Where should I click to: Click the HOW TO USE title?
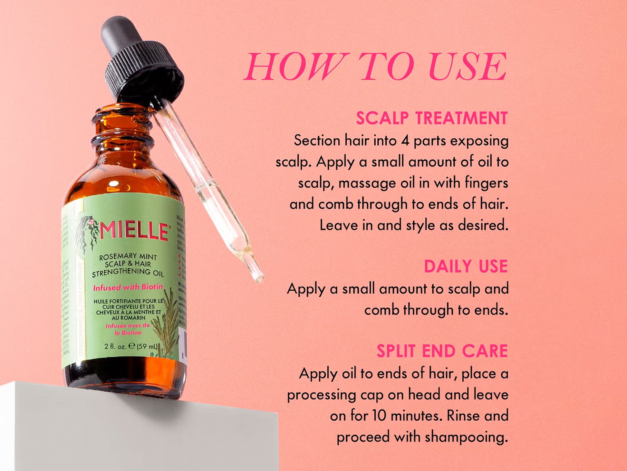(375, 67)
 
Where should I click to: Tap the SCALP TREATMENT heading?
(432, 118)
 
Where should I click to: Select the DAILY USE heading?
(466, 266)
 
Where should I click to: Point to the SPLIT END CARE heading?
(442, 351)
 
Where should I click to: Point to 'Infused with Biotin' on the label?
(128, 287)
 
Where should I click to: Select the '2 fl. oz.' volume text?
(115, 346)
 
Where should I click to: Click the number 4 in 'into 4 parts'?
(405, 141)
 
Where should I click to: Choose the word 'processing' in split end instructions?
(321, 395)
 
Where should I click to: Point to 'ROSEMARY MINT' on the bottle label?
(128, 257)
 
